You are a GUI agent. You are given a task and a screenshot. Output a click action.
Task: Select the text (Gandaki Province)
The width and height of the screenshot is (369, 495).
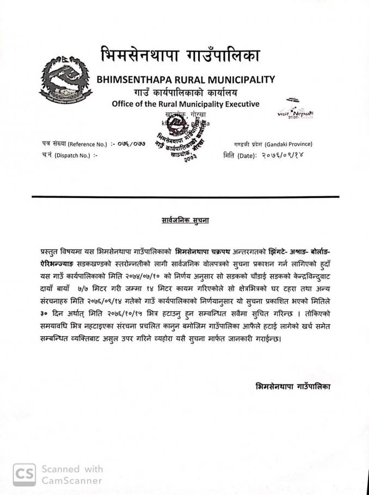(x=288, y=144)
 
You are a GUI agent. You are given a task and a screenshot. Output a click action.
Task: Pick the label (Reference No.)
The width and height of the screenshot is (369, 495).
(x=87, y=144)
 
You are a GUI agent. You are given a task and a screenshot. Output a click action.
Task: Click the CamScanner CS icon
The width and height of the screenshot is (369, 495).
(x=24, y=474)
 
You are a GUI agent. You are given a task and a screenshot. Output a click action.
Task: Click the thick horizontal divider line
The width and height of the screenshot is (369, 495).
(x=185, y=197)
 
